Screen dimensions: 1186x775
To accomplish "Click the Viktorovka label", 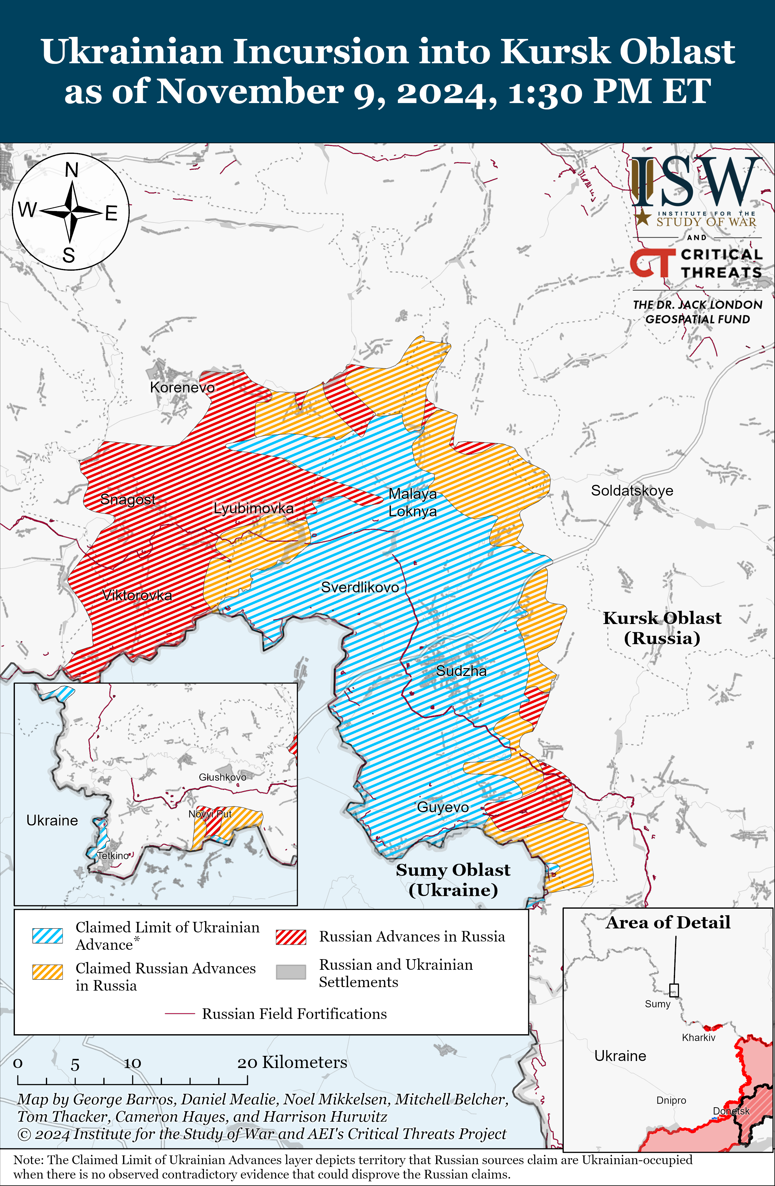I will point(137,595).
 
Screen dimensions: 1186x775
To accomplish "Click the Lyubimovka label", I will point(253,508).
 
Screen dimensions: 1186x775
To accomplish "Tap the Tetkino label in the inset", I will point(113,856).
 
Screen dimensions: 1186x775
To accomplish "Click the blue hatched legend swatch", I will point(48,936).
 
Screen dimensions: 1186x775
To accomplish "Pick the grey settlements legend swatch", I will point(291,972).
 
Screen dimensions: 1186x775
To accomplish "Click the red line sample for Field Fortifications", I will point(179,1014).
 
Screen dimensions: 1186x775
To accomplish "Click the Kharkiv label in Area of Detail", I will point(698,1038).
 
